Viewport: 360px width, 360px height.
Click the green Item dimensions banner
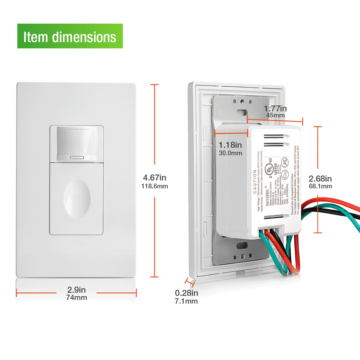[x=70, y=36]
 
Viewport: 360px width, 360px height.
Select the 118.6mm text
[x=154, y=186]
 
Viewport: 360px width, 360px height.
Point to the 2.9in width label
[x=76, y=289]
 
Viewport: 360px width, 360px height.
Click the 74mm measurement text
[x=76, y=298]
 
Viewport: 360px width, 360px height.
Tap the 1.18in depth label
[x=230, y=145]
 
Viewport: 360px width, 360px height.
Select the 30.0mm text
[x=230, y=153]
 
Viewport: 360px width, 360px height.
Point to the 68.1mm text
[x=320, y=186]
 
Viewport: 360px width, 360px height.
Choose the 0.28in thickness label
[x=186, y=293]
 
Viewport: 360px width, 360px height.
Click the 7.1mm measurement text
[x=186, y=301]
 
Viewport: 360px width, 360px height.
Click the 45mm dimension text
[x=276, y=115]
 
